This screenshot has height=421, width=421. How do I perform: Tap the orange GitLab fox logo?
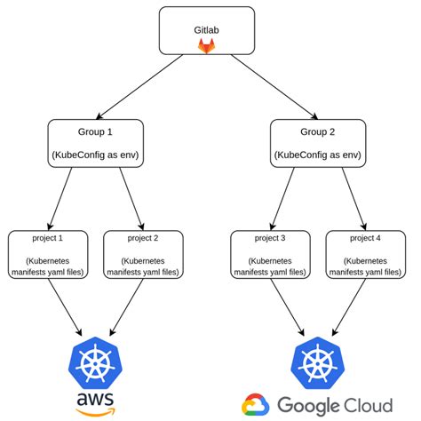coord(205,45)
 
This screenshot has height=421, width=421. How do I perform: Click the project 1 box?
coord(48,254)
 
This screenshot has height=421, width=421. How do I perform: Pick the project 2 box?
coord(143,254)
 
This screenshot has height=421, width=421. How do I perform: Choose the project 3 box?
coord(269,254)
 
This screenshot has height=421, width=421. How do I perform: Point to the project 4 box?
coord(364,254)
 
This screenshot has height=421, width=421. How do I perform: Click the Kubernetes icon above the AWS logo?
coord(95,364)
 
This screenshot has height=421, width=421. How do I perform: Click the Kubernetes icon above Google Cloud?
coord(316,364)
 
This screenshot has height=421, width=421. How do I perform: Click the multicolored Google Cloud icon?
coord(256,405)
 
